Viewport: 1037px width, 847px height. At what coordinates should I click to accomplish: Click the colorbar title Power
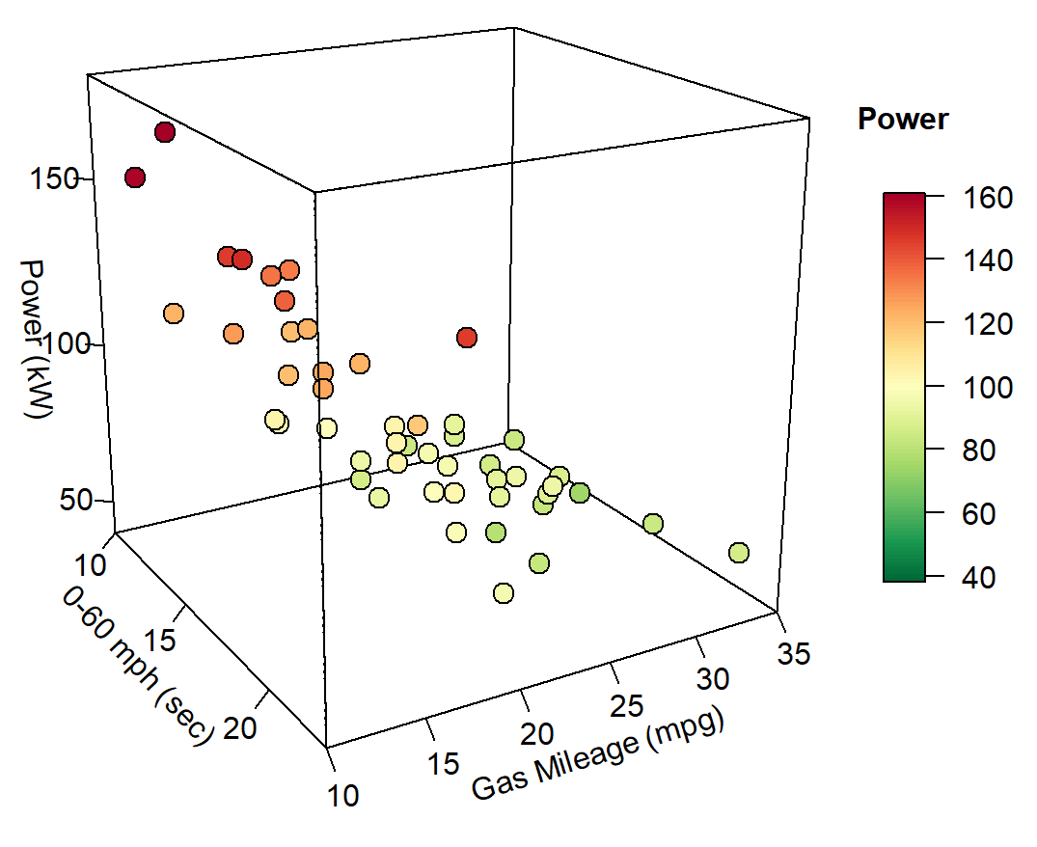(x=902, y=120)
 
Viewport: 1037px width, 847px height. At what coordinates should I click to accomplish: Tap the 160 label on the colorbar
(x=989, y=198)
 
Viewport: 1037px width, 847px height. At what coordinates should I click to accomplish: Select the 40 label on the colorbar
(x=989, y=577)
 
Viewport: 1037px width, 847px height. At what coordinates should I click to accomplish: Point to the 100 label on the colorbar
(x=989, y=388)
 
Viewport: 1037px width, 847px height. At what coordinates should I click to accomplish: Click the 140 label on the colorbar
(x=989, y=260)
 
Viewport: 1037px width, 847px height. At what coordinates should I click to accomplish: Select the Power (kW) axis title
(x=36, y=339)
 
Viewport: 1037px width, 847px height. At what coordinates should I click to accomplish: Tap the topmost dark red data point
(x=164, y=132)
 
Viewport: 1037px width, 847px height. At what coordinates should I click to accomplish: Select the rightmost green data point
(x=739, y=553)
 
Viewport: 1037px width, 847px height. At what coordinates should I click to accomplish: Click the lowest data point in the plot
(x=503, y=593)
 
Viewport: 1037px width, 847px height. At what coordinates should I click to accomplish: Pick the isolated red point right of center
(x=467, y=338)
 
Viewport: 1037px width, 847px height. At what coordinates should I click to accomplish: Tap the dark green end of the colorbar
(x=903, y=575)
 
